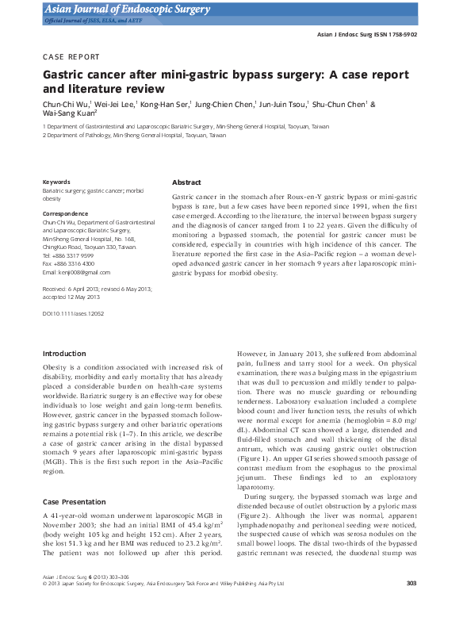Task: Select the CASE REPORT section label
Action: (x=71, y=57)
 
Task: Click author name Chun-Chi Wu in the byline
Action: (x=66, y=104)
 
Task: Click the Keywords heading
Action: (x=56, y=182)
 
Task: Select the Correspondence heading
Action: (x=65, y=214)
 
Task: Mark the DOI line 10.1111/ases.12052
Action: (x=73, y=313)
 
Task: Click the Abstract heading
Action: (x=186, y=182)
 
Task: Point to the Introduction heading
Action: (x=64, y=353)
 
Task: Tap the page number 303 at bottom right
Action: (x=411, y=605)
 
